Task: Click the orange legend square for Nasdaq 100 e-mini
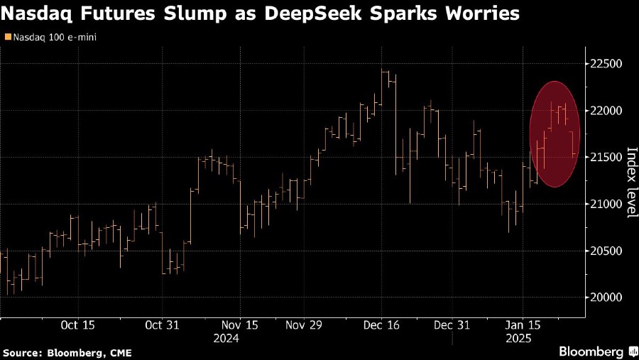tap(7, 36)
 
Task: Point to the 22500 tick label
tap(607, 64)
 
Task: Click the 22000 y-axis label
tap(607, 111)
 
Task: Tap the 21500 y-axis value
tap(607, 158)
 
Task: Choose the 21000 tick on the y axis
tap(607, 204)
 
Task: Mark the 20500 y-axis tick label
tap(607, 251)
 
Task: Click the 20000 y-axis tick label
tap(607, 298)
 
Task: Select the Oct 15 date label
tap(77, 324)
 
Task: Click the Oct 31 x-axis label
tap(162, 324)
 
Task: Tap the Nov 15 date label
tap(239, 324)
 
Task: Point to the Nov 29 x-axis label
tap(304, 324)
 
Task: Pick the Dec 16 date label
tap(381, 324)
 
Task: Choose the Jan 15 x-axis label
tap(523, 324)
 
